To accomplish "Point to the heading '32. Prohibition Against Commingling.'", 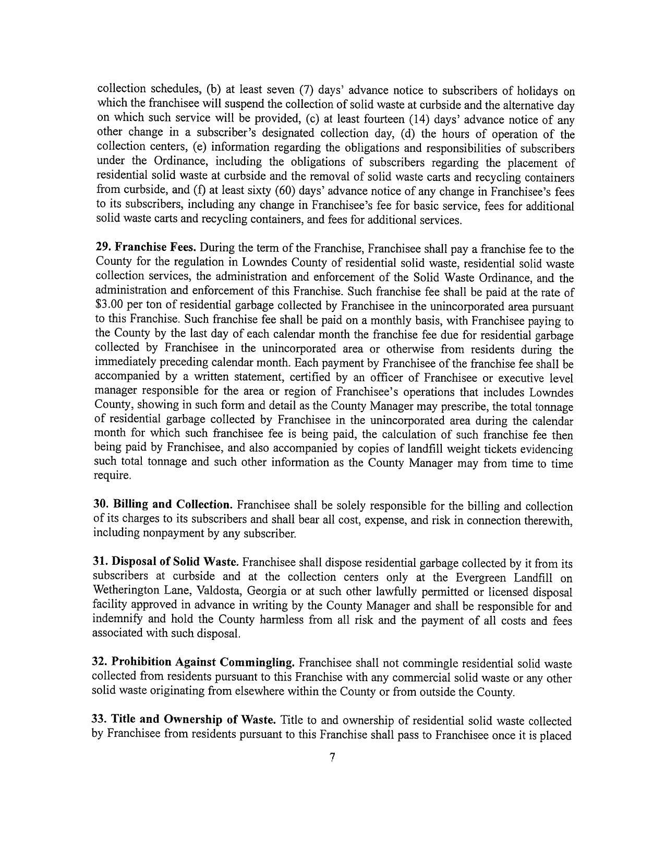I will pos(193,662).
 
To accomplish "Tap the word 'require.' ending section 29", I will pos(112,476).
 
